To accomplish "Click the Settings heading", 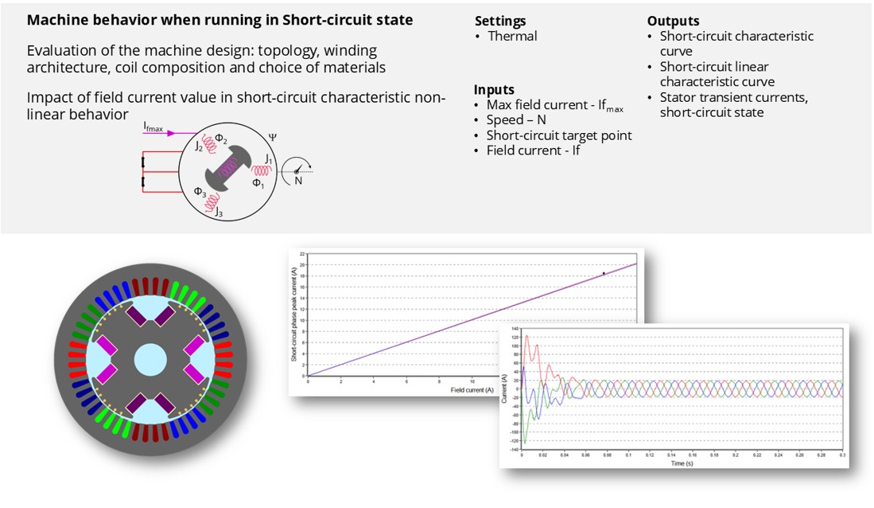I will point(500,21).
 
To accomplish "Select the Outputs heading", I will point(673,21).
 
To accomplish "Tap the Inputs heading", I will point(494,90).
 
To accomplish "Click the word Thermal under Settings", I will point(512,36).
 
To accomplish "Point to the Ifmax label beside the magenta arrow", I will point(154,127).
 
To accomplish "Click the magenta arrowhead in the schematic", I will point(171,134).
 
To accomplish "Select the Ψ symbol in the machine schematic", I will point(273,138).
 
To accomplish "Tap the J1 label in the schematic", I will point(269,160).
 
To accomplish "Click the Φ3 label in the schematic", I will point(200,192).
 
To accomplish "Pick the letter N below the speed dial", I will point(298,181).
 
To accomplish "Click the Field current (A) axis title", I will point(472,389).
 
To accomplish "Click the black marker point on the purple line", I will point(604,273).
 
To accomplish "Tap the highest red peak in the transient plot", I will point(526,337).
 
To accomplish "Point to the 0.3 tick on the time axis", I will point(842,455).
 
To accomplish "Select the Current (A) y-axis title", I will point(504,389).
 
